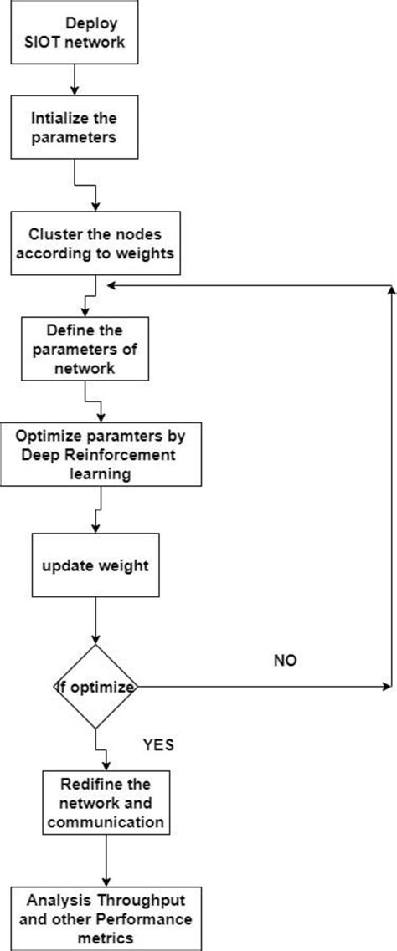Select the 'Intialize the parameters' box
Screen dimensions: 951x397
click(x=76, y=125)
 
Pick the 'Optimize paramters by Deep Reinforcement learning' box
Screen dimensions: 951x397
click(x=101, y=454)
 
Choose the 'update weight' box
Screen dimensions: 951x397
click(x=97, y=565)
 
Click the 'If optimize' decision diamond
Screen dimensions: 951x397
click(x=97, y=688)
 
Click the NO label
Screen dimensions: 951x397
click(x=285, y=661)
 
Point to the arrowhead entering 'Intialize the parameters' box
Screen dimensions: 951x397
click(x=76, y=89)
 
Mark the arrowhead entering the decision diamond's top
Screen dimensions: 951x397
click(x=97, y=639)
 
